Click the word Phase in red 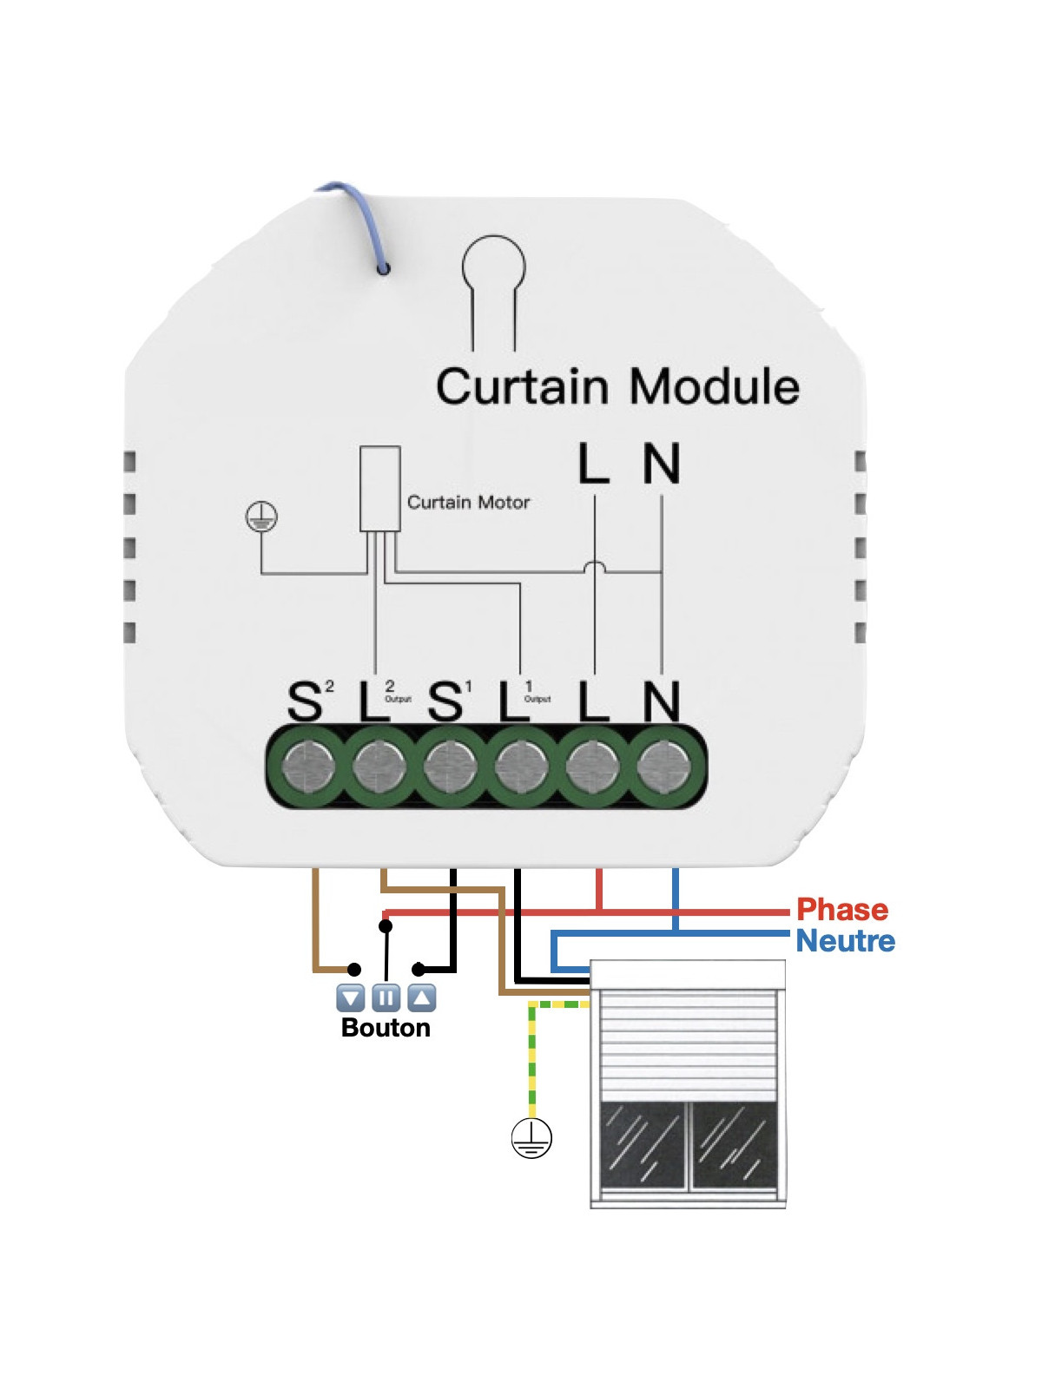(x=841, y=910)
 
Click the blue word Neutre (x=845, y=941)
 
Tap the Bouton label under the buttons (x=386, y=1028)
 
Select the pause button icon (x=386, y=998)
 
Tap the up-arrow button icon (x=421, y=998)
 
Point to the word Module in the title (x=714, y=387)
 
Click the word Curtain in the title (x=521, y=387)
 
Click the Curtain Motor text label (x=468, y=503)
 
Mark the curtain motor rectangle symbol (x=380, y=489)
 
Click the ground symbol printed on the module (x=261, y=517)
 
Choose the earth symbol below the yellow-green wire (x=531, y=1138)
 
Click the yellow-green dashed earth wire (x=532, y=1059)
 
